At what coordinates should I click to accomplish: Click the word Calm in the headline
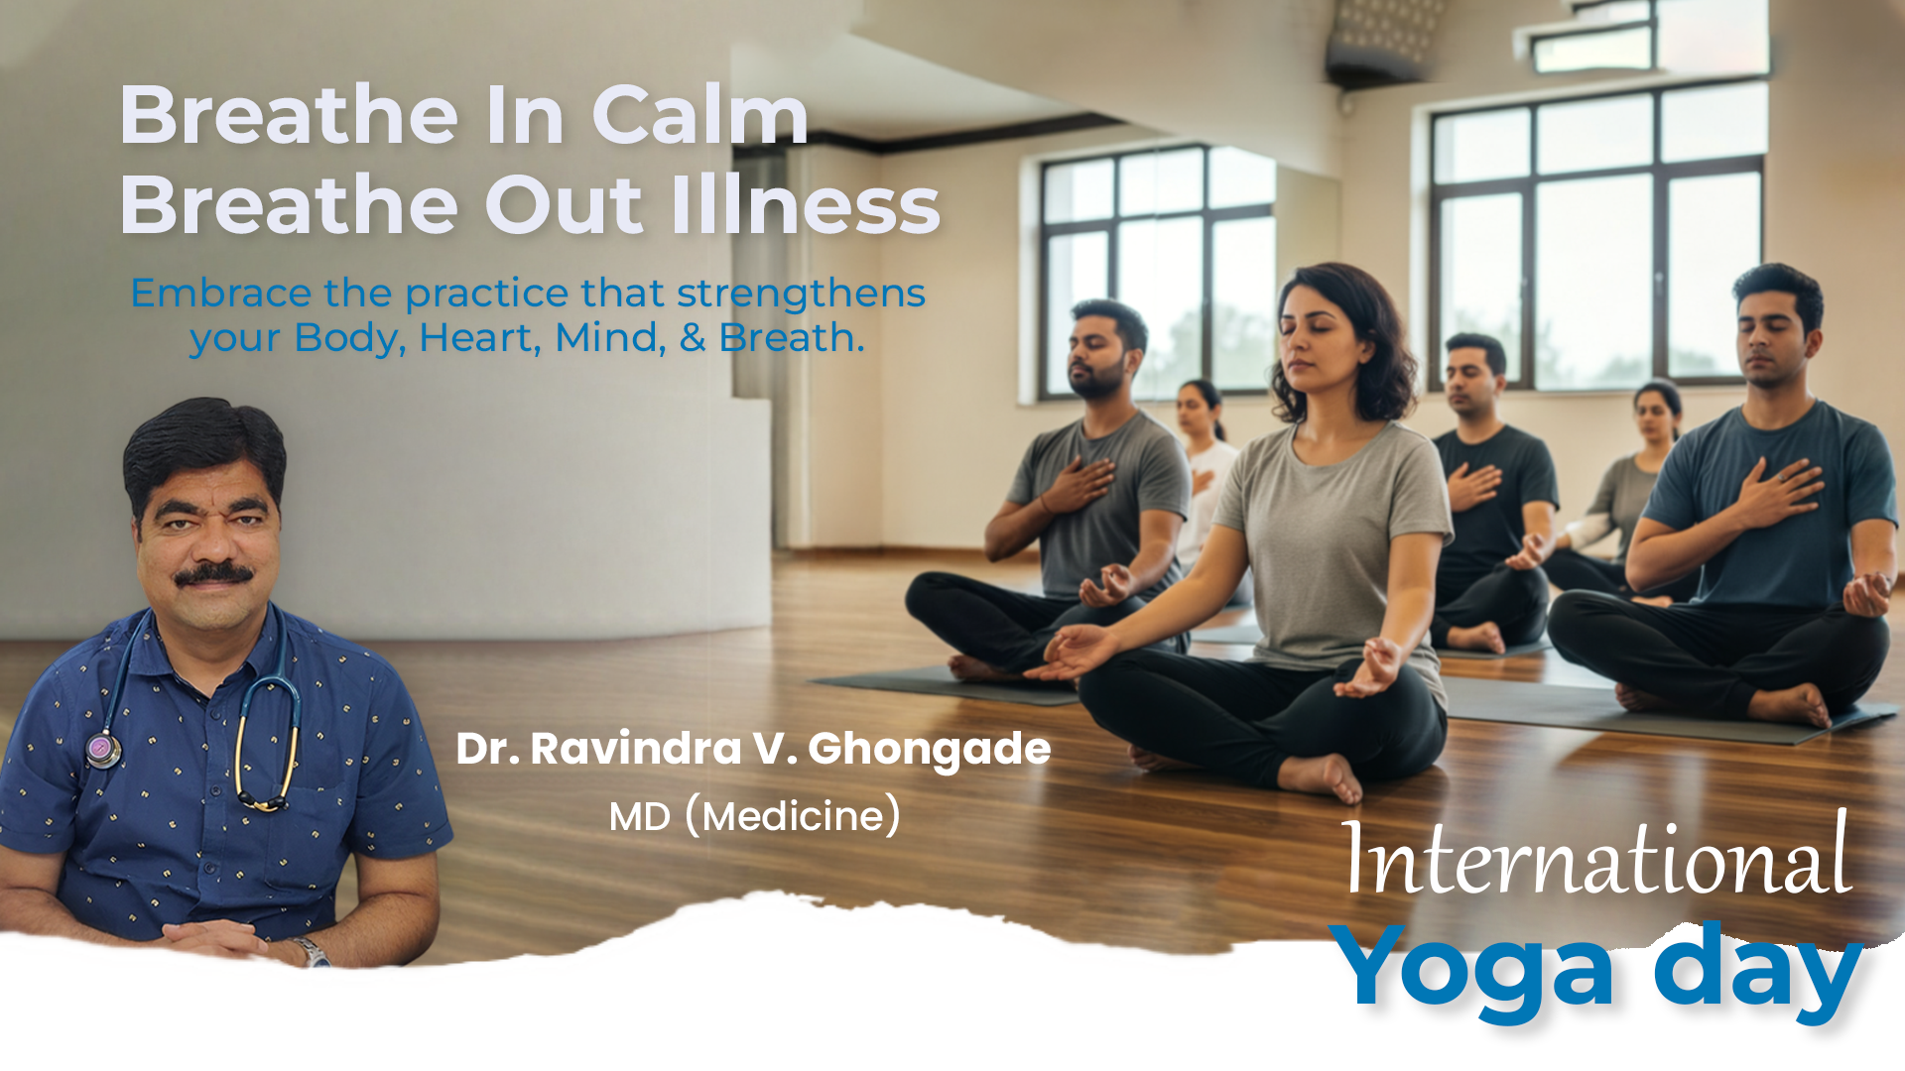[x=700, y=115]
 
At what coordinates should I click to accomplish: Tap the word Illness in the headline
[x=806, y=204]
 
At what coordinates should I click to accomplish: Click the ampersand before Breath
[x=693, y=338]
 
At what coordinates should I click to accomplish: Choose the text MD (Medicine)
[x=755, y=816]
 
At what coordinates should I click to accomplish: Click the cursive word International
[x=1597, y=855]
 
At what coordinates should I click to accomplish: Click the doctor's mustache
[x=213, y=573]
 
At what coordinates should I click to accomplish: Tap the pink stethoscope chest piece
[x=102, y=749]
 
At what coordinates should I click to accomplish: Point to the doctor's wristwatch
[x=312, y=952]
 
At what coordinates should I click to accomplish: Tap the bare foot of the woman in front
[x=1321, y=776]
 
